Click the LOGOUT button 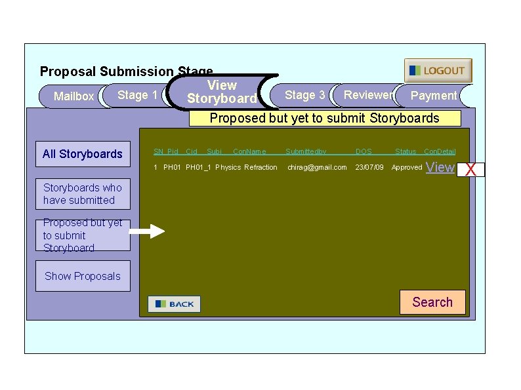[438, 71]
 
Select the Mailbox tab [73, 96]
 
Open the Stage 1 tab [137, 95]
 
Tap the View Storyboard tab [222, 92]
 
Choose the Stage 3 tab [304, 95]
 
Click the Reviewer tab [367, 95]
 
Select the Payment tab [433, 96]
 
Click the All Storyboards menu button [83, 154]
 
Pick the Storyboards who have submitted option [83, 194]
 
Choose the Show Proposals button [83, 276]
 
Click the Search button [432, 302]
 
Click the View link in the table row [440, 168]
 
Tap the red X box [470, 170]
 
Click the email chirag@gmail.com [317, 168]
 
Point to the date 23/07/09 [369, 168]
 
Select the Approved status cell [407, 168]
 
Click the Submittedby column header [306, 152]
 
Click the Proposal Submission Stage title [126, 71]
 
